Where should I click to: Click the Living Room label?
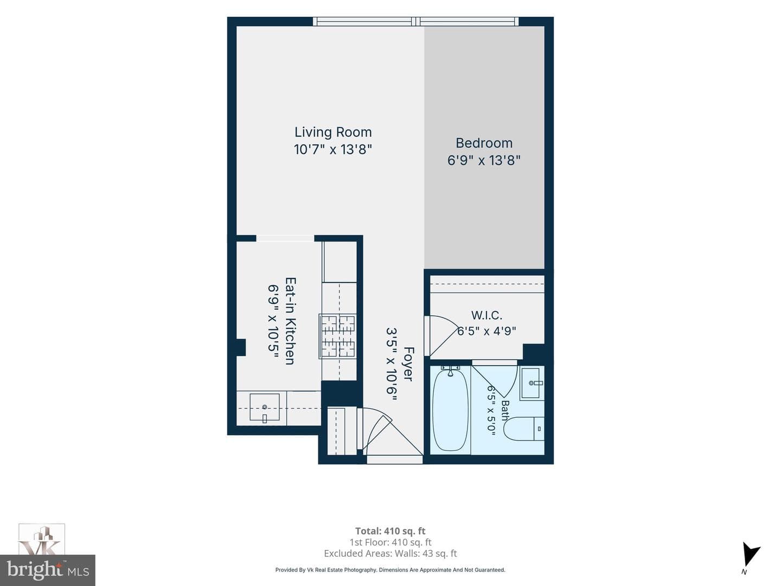[333, 132]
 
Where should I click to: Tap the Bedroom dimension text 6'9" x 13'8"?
[484, 161]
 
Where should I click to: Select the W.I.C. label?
[486, 315]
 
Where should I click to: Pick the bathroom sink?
[532, 384]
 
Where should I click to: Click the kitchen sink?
[264, 407]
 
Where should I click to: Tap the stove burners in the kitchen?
[338, 336]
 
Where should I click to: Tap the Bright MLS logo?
[48, 570]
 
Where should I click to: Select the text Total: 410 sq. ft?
[390, 531]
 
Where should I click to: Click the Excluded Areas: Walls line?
[390, 553]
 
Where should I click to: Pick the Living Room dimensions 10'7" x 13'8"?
[333, 149]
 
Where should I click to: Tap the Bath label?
[505, 410]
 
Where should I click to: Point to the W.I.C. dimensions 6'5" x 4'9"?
[486, 331]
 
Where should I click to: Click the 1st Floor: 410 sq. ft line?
[390, 542]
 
